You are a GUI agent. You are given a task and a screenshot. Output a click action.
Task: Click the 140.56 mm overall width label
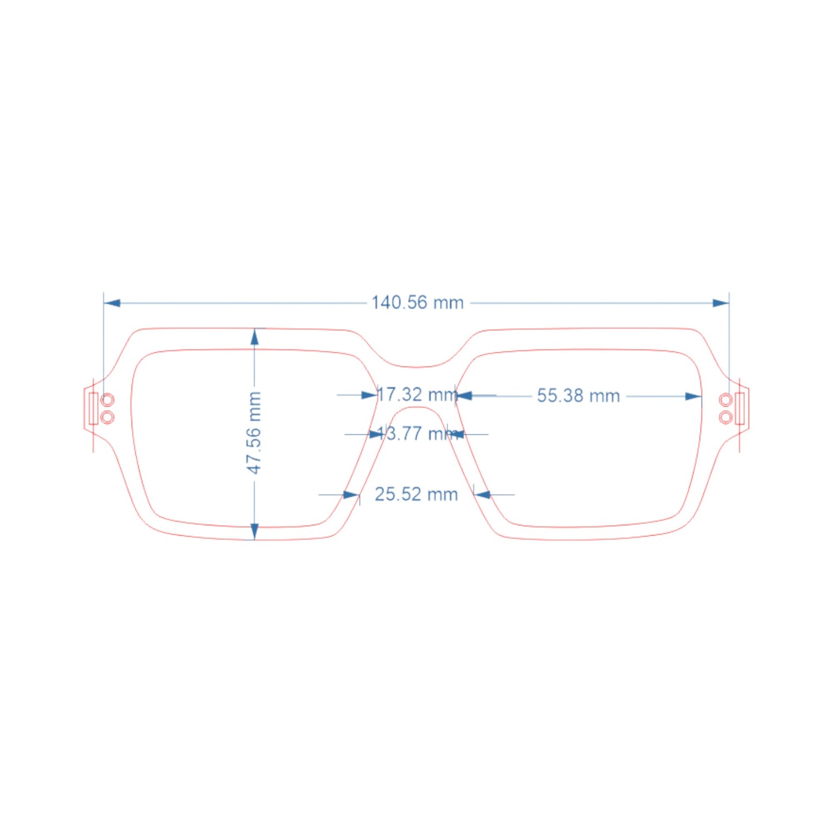pos(417,303)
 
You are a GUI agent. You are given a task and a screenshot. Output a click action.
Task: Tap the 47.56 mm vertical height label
pos(254,433)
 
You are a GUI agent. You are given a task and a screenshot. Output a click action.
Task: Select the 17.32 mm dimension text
pos(417,395)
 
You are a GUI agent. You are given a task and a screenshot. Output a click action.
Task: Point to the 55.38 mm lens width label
pos(578,396)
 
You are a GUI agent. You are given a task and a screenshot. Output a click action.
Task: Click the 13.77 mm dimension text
pos(417,434)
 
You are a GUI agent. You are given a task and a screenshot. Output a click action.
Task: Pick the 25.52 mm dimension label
pos(416,495)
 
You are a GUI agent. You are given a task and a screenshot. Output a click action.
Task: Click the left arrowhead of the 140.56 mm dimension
pos(111,303)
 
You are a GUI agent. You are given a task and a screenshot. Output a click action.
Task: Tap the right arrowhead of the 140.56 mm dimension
pos(721,303)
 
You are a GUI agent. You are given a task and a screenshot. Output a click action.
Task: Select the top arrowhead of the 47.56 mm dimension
pos(255,337)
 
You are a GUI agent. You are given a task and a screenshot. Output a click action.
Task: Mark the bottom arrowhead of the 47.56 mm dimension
pos(255,532)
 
